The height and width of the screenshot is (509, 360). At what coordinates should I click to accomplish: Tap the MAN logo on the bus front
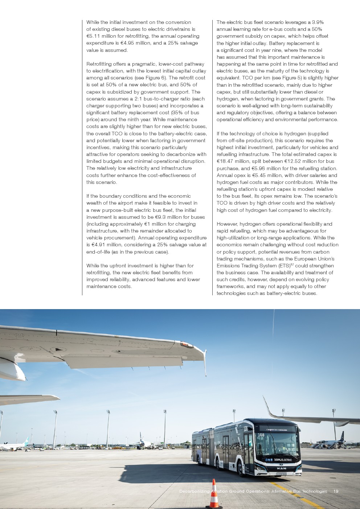(x=282, y=468)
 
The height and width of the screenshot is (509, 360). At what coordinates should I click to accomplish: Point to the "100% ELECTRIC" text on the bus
(x=283, y=460)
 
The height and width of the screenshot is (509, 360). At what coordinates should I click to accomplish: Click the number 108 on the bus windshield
(x=261, y=435)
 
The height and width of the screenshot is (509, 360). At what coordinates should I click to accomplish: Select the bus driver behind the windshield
(x=280, y=446)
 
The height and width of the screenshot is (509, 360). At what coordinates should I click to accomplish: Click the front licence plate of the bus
(x=282, y=474)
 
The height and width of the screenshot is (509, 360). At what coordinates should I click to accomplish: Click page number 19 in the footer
(x=336, y=491)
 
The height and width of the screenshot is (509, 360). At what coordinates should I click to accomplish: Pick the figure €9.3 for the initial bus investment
(x=160, y=217)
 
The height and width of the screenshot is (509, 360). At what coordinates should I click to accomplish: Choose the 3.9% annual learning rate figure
(x=318, y=22)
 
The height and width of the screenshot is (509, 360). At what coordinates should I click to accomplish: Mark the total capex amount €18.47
(x=225, y=161)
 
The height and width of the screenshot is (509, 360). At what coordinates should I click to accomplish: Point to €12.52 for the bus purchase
(x=292, y=161)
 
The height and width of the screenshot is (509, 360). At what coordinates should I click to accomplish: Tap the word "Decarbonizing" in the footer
(x=194, y=491)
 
